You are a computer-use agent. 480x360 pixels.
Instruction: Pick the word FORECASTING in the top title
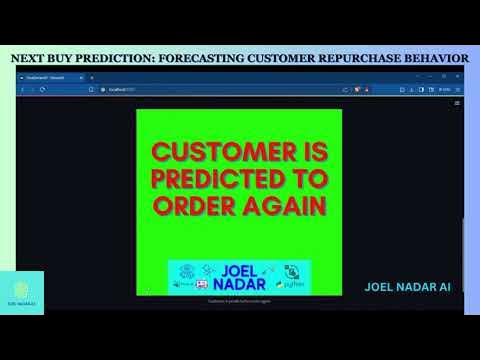pyautogui.click(x=205, y=58)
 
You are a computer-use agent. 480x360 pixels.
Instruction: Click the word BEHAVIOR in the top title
pyautogui.click(x=434, y=58)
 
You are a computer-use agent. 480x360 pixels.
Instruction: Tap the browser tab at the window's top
pyautogui.click(x=45, y=77)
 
